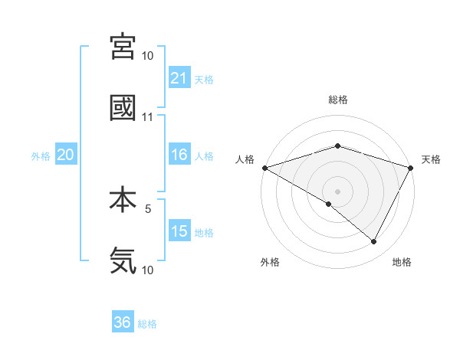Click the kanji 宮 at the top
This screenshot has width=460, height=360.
click(123, 48)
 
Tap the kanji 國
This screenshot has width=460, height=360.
click(123, 109)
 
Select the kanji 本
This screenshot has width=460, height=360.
click(123, 200)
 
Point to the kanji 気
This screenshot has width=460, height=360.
click(123, 260)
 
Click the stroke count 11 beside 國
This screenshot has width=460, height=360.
click(147, 117)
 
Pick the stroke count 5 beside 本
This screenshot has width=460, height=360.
click(149, 208)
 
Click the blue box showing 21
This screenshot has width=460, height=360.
click(179, 78)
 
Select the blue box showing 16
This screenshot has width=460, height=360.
click(179, 155)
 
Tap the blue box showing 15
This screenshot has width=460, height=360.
click(179, 231)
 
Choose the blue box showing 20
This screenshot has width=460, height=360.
click(66, 155)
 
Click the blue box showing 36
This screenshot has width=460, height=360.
click(123, 322)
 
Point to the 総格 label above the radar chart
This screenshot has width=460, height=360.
click(337, 100)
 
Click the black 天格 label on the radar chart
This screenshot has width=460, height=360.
click(431, 159)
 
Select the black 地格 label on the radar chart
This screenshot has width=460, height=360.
click(402, 262)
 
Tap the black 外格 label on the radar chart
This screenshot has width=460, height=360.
click(270, 262)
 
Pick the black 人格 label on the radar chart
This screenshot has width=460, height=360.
click(245, 159)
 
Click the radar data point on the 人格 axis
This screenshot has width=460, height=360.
click(264, 168)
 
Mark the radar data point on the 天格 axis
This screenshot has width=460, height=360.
click(412, 168)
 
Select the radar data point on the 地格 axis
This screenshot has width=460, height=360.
click(374, 241)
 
